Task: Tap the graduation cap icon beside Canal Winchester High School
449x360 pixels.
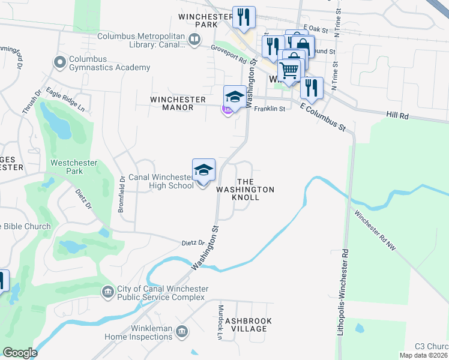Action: pos(203,169)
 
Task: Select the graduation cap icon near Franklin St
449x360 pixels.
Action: pos(235,96)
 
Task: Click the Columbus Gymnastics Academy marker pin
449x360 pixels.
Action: pos(59,62)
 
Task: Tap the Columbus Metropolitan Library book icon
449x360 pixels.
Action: pos(194,40)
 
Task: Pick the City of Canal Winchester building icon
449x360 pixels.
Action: pos(107,292)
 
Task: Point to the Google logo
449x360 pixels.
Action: pos(20,353)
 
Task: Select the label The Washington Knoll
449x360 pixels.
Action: pos(245,189)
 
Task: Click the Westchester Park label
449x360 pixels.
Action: pos(73,167)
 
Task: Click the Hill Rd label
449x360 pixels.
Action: pos(397,114)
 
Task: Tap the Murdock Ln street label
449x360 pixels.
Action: pos(220,324)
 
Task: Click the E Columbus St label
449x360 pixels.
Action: pos(324,116)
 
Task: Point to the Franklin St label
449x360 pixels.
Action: pos(269,109)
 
